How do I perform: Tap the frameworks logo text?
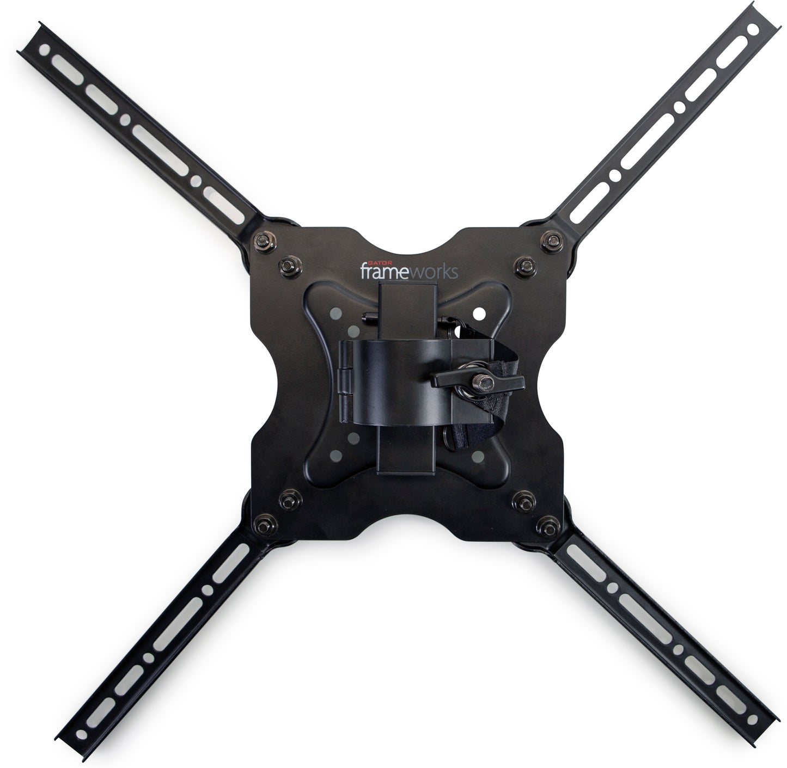tap(409, 271)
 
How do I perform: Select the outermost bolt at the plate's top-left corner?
tap(263, 241)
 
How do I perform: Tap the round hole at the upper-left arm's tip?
tap(45, 50)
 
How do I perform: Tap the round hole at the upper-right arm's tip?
tap(753, 29)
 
